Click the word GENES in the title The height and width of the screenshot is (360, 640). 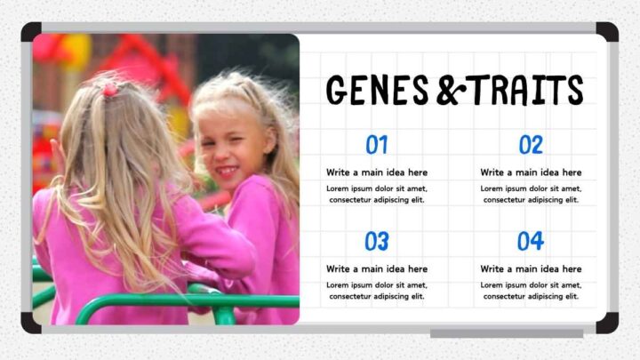(x=378, y=90)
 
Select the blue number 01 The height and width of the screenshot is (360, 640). (x=377, y=145)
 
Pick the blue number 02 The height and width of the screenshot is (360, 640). (x=531, y=145)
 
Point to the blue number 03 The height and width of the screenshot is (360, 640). (x=377, y=241)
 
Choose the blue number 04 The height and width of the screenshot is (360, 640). (x=531, y=241)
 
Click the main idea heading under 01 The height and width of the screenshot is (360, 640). (x=377, y=172)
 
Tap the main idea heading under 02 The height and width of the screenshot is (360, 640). (x=531, y=172)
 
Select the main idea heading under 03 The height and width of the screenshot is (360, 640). (x=377, y=268)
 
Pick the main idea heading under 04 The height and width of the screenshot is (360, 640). (x=531, y=268)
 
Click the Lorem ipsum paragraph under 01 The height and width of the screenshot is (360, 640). (x=377, y=194)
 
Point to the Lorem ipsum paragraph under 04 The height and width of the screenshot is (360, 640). (x=531, y=291)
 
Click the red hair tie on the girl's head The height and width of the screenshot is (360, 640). (x=109, y=89)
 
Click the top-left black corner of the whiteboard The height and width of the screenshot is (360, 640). (x=31, y=32)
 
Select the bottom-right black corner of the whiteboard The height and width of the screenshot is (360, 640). (x=607, y=323)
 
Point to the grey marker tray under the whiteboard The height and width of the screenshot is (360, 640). (x=507, y=333)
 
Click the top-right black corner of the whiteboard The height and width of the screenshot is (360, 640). (x=607, y=32)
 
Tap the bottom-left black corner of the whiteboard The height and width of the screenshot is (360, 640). (x=31, y=323)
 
